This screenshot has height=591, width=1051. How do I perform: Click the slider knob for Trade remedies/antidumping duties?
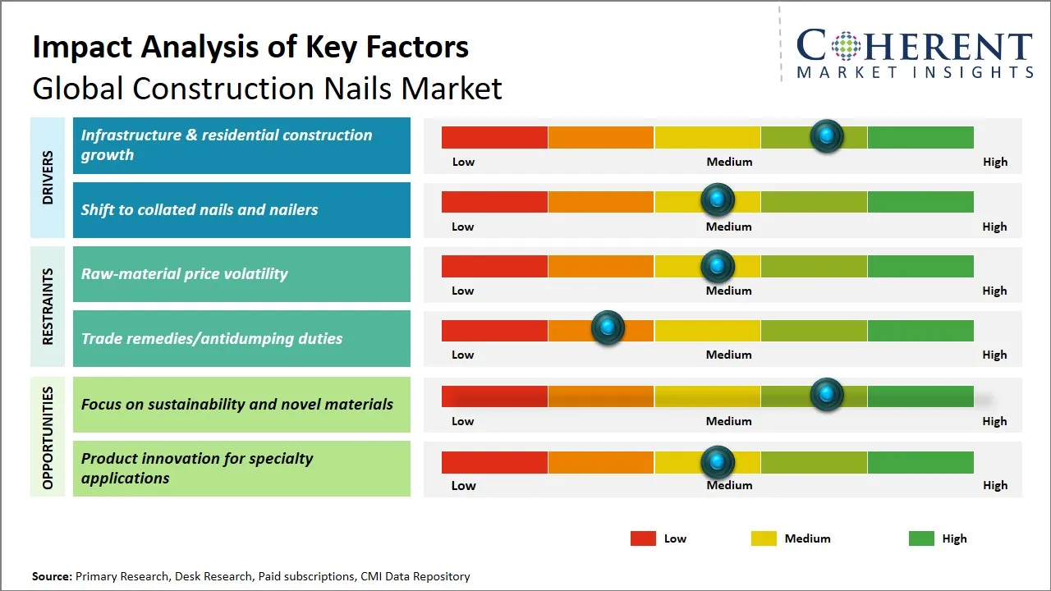[608, 327]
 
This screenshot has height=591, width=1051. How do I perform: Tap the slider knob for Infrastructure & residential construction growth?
[827, 136]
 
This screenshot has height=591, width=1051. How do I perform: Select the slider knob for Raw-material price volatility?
[717, 266]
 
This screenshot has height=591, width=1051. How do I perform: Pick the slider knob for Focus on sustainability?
[827, 394]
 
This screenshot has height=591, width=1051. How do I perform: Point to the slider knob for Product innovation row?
[717, 462]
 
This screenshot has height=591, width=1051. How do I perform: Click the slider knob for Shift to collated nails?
[717, 199]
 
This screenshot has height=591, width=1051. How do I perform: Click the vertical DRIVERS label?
[48, 177]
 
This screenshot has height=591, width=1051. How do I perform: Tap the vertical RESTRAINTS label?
[48, 306]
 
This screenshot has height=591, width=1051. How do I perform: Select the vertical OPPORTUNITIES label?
[48, 438]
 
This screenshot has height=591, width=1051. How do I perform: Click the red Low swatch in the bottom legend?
[643, 538]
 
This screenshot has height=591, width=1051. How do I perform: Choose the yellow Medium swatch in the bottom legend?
[764, 538]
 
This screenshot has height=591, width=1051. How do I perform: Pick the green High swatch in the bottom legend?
[921, 538]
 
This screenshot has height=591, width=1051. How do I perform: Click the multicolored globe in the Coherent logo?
[846, 46]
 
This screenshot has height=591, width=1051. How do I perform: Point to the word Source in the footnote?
[52, 576]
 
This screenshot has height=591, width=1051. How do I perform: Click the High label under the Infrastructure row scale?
[995, 162]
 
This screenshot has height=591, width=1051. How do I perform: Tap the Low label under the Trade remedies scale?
[462, 355]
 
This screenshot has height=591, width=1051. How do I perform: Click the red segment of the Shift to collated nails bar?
[494, 202]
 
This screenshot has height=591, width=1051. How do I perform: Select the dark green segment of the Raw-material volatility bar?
[920, 266]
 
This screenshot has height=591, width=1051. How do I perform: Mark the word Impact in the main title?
[82, 48]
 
